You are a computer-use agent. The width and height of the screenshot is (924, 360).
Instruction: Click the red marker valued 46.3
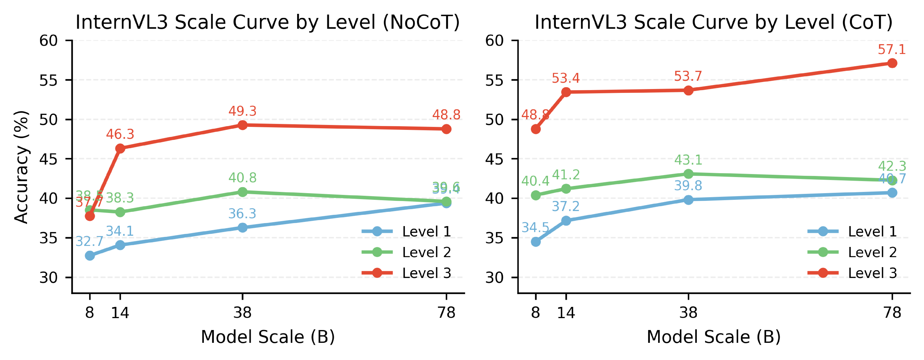pos(120,148)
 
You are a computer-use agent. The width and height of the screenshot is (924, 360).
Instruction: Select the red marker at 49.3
pos(242,125)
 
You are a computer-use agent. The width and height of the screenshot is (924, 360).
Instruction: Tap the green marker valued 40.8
pos(242,192)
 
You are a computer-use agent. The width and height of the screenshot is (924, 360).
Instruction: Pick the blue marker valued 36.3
pos(242,228)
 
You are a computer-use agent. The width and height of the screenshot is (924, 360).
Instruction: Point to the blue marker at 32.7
pos(90,256)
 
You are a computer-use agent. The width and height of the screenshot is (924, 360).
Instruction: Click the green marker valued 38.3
pos(120,212)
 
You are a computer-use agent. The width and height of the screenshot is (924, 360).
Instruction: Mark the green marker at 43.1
pos(688,174)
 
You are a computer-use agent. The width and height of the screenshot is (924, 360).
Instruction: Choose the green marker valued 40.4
pos(535,195)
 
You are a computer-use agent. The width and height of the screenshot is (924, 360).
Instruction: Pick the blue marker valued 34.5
pos(535,242)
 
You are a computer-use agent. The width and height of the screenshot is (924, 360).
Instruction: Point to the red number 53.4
pos(566,78)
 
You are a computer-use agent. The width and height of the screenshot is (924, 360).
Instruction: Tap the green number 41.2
pos(566,175)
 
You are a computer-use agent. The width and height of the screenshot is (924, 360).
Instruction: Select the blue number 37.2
pos(566,206)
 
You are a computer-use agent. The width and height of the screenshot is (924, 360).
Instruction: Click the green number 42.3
pos(892,166)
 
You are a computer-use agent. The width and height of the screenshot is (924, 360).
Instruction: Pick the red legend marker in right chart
pos(823,273)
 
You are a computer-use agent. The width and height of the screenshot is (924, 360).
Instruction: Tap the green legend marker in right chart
pos(823,252)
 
